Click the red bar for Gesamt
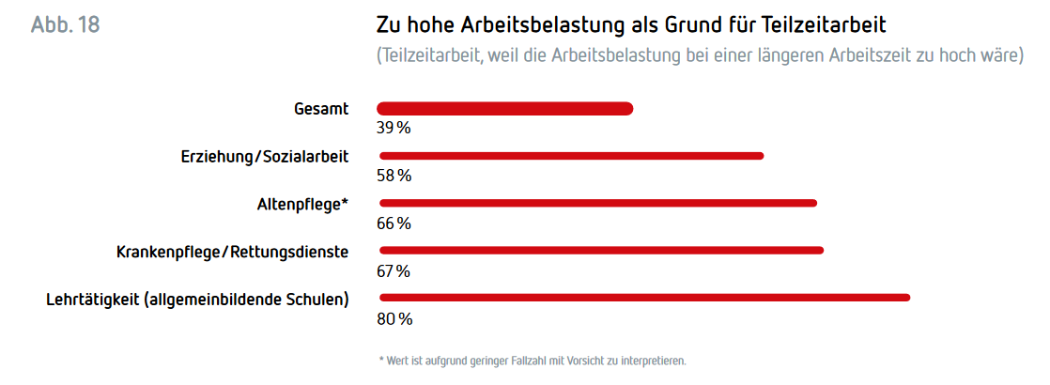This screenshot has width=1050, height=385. point(504,109)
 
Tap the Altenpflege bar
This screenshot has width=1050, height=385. point(597,203)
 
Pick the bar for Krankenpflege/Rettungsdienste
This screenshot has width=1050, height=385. point(601,250)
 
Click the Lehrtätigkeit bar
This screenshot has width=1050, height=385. point(643,298)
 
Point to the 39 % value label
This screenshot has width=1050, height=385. point(394,128)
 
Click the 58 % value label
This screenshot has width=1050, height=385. point(394,176)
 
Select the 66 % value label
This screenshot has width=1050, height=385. point(394,223)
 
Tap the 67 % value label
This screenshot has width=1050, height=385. point(394,271)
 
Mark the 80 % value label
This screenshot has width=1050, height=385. point(394,319)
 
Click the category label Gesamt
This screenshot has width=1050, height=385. point(321,108)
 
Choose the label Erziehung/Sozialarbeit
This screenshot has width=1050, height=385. point(265,156)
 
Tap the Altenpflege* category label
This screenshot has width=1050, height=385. point(302,203)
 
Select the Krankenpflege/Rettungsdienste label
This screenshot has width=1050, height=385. point(232,252)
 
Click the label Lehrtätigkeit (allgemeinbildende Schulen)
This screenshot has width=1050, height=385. point(197,300)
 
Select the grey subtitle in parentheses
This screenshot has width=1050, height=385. point(700,55)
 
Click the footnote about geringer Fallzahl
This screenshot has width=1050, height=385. point(533,361)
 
